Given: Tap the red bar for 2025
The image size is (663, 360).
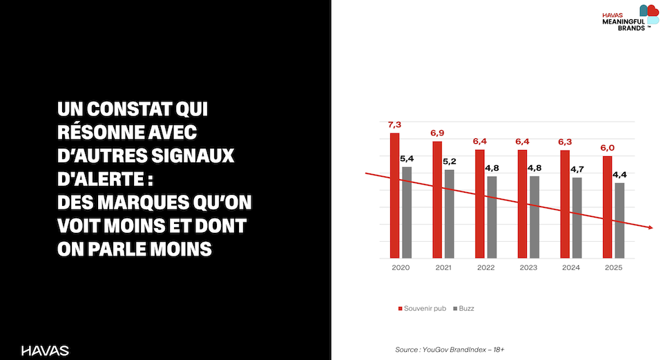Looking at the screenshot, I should [x=607, y=207].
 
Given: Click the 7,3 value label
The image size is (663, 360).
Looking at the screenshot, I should [x=394, y=124].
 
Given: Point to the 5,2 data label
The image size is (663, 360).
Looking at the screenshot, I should [x=450, y=161].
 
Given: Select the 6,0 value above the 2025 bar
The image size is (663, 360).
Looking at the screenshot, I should [x=607, y=148].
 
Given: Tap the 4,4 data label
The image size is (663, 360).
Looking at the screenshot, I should [x=620, y=174].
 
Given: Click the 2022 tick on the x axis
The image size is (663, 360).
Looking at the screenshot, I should [x=485, y=267].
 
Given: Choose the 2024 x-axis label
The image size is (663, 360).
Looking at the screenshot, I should [x=570, y=267].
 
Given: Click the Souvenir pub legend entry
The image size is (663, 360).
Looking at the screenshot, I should [x=423, y=308].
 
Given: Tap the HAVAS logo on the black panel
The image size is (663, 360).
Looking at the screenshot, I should [x=45, y=350].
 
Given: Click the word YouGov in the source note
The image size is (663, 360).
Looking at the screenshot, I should [x=439, y=350].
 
